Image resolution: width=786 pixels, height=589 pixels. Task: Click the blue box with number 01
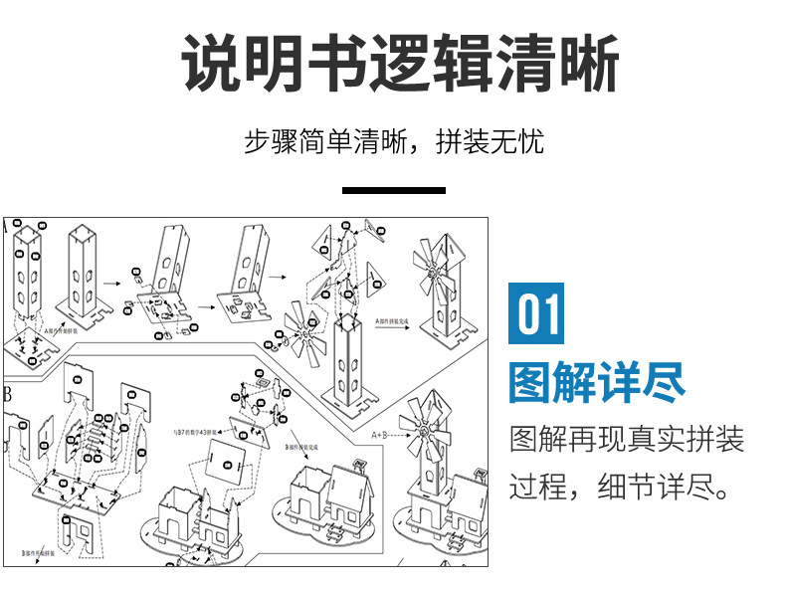[x=537, y=314]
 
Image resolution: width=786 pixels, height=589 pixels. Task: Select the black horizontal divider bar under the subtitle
[x=393, y=189]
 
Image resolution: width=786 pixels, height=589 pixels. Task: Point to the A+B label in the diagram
[x=384, y=435]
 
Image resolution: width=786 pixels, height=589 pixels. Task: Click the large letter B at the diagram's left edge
[x=9, y=394]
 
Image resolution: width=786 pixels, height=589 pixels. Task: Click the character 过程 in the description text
[x=542, y=489]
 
